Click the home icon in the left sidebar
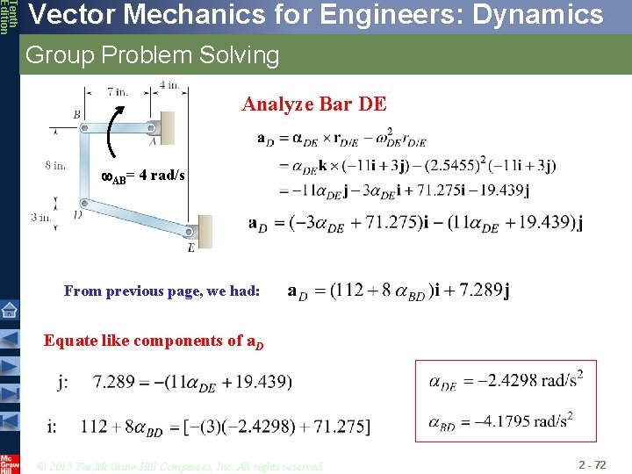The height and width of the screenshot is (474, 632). point(10,309)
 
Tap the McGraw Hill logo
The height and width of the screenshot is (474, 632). point(10,462)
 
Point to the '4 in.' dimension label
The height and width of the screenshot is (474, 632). point(169,86)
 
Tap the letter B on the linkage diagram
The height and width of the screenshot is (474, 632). point(77,114)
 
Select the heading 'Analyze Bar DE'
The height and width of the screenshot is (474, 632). point(313,104)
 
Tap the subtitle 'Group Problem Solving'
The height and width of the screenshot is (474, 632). point(152,56)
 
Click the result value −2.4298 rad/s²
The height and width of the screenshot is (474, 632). point(531,381)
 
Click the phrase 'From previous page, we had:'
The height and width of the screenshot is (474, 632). point(162,291)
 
